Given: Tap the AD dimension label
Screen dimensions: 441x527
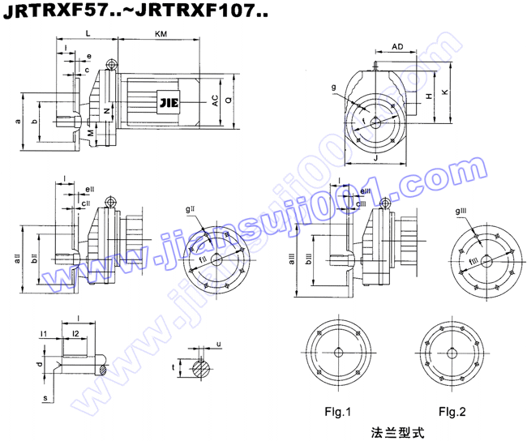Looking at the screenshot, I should (x=397, y=47).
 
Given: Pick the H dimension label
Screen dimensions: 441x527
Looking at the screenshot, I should (x=428, y=96).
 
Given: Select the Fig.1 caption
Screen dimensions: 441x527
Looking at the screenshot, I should (x=339, y=412).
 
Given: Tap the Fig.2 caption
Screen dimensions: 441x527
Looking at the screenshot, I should (x=452, y=412).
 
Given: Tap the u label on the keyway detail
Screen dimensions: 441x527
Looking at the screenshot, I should (x=219, y=345).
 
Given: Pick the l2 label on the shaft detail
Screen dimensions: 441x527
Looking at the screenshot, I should (x=75, y=333).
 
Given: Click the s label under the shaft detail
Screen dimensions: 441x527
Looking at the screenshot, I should (x=45, y=398).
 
